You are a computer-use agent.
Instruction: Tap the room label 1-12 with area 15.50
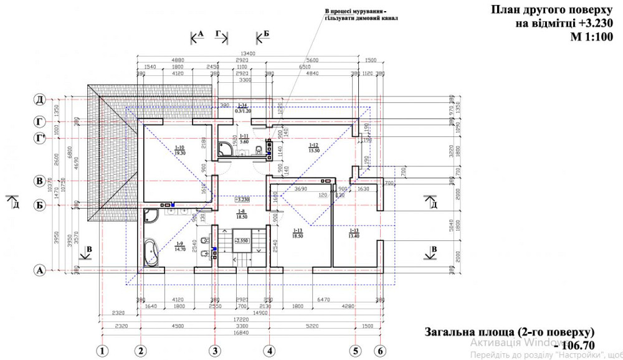pyautogui.click(x=313, y=148)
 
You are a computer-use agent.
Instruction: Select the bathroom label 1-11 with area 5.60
pyautogui.click(x=244, y=138)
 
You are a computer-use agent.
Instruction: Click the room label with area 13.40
pyautogui.click(x=354, y=234)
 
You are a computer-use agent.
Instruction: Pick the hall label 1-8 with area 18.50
pyautogui.click(x=242, y=214)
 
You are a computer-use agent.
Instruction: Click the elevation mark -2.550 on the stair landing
pyautogui.click(x=241, y=239)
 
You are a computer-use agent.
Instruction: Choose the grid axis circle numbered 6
pyautogui.click(x=381, y=351)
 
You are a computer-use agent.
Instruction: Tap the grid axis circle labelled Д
pyautogui.click(x=39, y=100)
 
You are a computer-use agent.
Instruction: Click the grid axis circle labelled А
pyautogui.click(x=39, y=270)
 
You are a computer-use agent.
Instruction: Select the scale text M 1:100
pyautogui.click(x=591, y=37)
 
